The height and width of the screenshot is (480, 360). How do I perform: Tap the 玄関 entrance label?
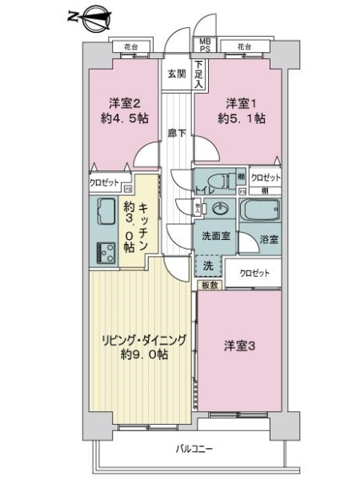pyautogui.click(x=175, y=74)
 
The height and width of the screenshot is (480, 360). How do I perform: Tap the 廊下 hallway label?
pyautogui.click(x=178, y=133)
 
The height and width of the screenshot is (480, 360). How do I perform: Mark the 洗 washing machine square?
pyautogui.click(x=207, y=265)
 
